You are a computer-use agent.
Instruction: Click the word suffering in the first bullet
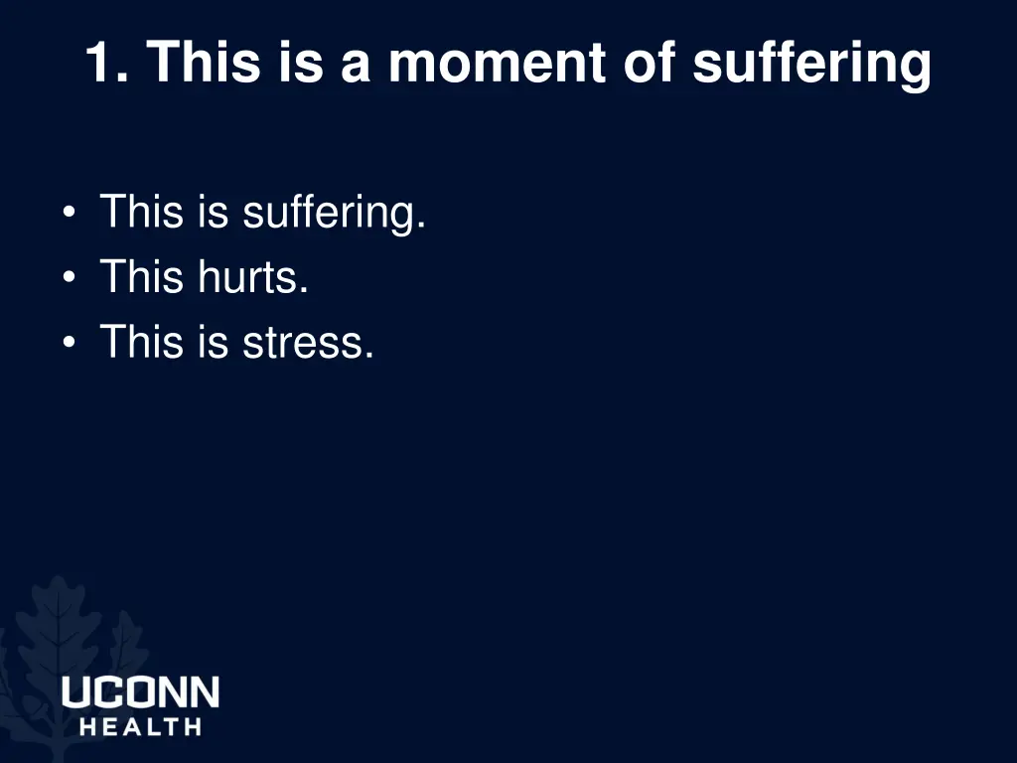335,213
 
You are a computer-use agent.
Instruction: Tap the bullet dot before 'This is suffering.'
69,214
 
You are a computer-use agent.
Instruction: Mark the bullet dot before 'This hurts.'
69,278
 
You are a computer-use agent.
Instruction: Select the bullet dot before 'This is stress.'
69,344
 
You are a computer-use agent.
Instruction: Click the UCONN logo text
140,692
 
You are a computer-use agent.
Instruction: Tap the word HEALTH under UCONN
140,726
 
